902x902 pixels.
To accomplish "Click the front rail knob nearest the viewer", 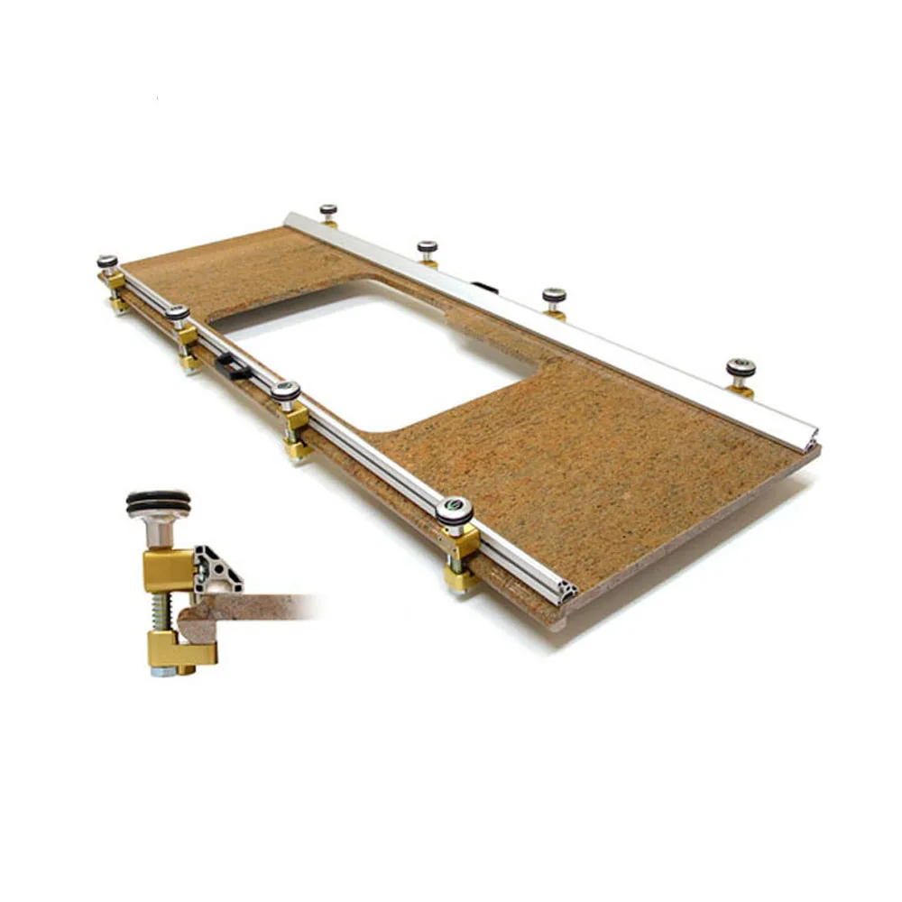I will click(455, 509).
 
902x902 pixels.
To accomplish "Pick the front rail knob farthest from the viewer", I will click(107, 262).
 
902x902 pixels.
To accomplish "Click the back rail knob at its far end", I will click(328, 210).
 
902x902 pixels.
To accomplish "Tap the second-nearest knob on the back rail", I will click(554, 295).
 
